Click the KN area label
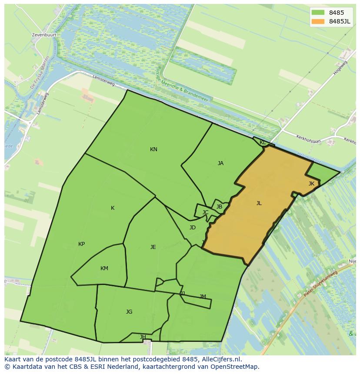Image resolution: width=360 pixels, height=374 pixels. coord(153,149)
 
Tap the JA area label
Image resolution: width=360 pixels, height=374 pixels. coord(220,163)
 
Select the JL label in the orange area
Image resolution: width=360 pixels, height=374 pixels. coord(259,203)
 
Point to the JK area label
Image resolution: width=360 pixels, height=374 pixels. coord(311,184)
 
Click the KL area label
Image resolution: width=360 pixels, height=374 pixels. coord(263,142)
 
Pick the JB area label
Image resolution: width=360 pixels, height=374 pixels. coord(219,207)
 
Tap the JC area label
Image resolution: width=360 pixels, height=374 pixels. coord(205,212)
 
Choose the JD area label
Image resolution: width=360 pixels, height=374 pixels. coord(193,228)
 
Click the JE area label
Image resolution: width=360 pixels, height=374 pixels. coord(153,247)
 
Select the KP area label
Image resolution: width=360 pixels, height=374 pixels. coord(81,244)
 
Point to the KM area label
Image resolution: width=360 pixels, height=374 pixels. coord(104,268)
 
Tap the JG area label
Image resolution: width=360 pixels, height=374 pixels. coord(129,312)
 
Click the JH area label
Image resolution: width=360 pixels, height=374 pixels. coord(143,337)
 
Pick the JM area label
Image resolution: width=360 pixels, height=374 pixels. coord(203,297)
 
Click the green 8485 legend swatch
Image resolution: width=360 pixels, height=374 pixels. coord(318,13)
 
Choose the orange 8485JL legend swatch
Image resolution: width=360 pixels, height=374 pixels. coord(318,21)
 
